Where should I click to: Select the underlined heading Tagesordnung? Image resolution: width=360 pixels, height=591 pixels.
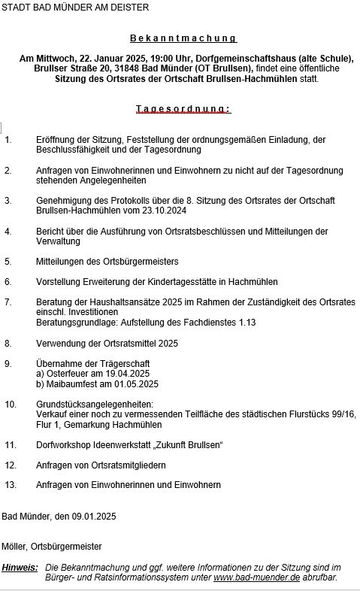point(183,109)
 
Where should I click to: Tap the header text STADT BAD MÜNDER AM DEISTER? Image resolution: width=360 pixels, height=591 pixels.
point(75,8)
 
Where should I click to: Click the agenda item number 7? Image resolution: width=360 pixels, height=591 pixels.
point(8,302)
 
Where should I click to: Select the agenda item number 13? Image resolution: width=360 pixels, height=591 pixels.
point(10,485)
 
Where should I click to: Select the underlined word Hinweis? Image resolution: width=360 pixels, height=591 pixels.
point(20,567)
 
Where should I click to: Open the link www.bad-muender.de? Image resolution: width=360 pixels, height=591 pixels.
point(256,577)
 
